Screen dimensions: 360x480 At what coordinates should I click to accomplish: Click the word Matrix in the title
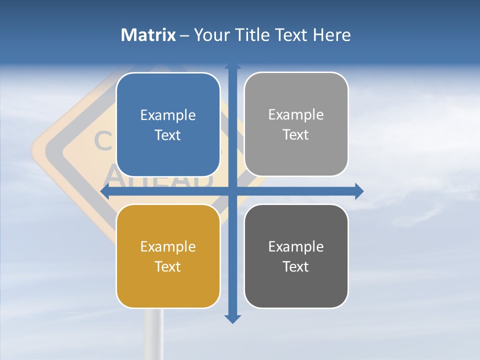click(x=148, y=35)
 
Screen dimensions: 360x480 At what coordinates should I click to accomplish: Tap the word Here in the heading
click(x=331, y=35)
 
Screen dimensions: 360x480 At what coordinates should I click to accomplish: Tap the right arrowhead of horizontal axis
click(x=359, y=191)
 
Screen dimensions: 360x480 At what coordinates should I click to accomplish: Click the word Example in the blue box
click(x=168, y=115)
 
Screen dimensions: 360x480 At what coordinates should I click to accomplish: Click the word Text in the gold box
click(x=168, y=266)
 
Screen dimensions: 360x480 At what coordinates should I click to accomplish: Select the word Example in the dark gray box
click(x=296, y=246)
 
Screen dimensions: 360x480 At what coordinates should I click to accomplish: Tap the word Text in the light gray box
click(x=296, y=134)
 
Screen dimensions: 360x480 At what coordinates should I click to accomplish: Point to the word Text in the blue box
click(x=168, y=135)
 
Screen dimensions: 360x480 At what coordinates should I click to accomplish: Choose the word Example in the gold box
click(x=168, y=246)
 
